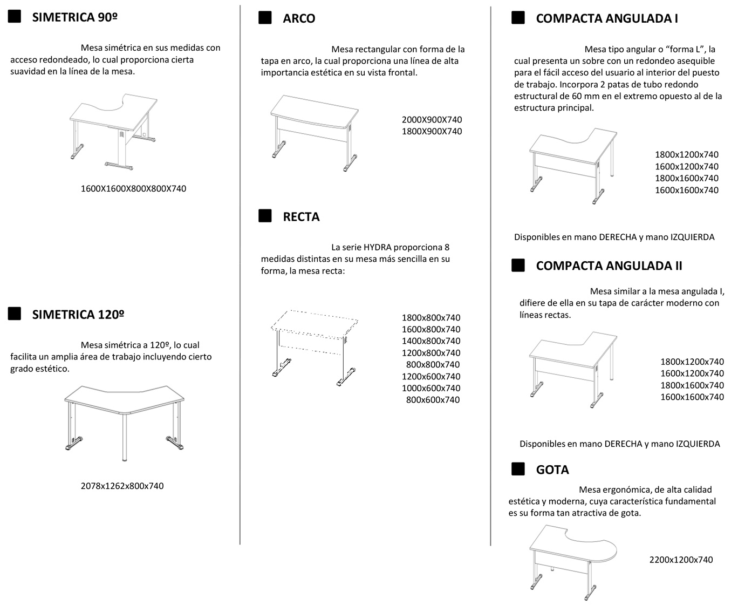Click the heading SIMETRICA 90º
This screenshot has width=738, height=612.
[x=75, y=17]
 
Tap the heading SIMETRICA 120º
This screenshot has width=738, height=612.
[x=78, y=315]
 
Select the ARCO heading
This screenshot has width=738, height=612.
[x=299, y=18]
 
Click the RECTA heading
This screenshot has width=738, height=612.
[x=301, y=217]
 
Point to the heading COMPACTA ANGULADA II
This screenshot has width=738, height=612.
[x=609, y=266]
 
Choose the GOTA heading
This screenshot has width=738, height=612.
[x=552, y=470]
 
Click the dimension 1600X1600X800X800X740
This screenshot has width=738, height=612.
[x=133, y=189]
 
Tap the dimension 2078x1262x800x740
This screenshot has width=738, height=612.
[x=122, y=486]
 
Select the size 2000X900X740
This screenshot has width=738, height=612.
[x=432, y=120]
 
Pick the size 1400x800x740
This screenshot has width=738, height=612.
[x=431, y=341]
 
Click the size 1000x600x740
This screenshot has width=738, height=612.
[x=431, y=388]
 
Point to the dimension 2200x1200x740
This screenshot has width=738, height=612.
[x=681, y=560]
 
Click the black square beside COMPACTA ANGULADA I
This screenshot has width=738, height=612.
[x=518, y=18]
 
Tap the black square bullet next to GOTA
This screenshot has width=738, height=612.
[x=518, y=469]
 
